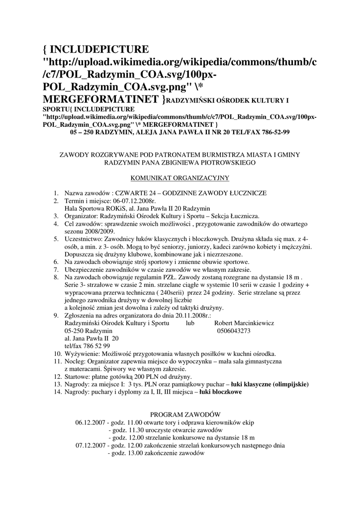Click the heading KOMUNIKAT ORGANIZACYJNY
pyautogui.click(x=180, y=177)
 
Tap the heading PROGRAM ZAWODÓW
pyautogui.click(x=185, y=414)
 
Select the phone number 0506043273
pyautogui.click(x=233, y=331)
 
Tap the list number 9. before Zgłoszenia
pyautogui.click(x=56, y=316)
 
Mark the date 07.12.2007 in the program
pyautogui.click(x=90, y=445)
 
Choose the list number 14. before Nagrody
pyautogui.click(x=56, y=392)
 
